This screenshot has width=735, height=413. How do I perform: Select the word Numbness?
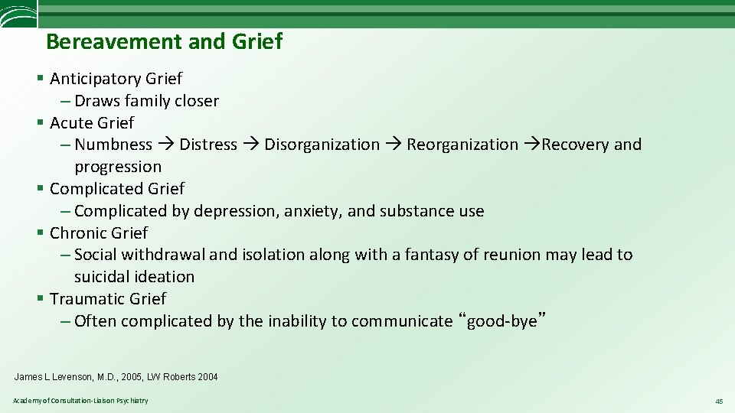113,145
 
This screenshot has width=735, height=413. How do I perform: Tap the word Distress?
208,145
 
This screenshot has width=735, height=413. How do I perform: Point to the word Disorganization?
322,145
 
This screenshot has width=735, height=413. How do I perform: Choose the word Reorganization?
462,145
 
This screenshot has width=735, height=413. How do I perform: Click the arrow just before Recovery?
533,145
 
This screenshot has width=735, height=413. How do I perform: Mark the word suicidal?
103,277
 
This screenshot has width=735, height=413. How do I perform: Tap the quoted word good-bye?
501,321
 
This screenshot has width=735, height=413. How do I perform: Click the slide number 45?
719,401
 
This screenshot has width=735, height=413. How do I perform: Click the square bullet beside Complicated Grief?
40,189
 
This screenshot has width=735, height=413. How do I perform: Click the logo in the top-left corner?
18,15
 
